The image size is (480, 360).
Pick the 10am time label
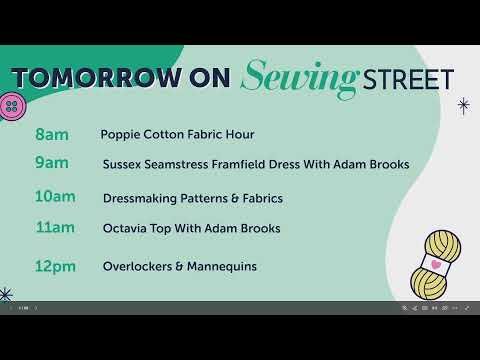tap(54, 197)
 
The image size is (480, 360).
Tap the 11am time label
tap(54, 228)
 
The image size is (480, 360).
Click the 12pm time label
tap(54, 266)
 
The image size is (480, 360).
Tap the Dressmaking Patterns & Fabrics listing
tap(192, 198)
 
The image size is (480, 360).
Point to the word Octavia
tap(126, 229)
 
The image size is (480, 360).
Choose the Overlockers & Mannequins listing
tap(180, 267)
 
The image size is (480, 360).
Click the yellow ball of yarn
tap(441, 265)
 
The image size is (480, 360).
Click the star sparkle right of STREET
tap(463, 104)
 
